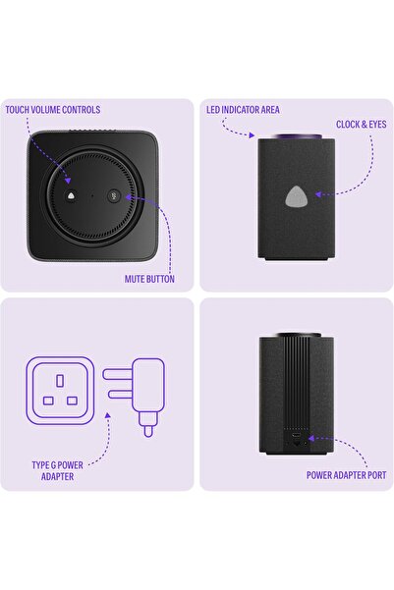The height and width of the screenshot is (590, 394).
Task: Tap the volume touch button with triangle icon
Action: click(73, 195)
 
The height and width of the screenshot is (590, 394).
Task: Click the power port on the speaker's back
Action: click(296, 442)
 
